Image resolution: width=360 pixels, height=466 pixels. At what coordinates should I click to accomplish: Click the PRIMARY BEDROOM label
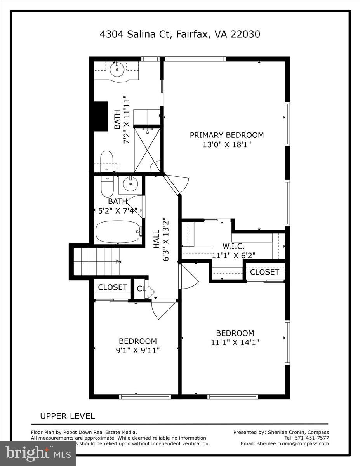point(226,135)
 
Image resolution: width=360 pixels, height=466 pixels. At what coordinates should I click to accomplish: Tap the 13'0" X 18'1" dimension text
point(226,145)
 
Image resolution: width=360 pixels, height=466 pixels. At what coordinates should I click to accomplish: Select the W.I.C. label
point(233,246)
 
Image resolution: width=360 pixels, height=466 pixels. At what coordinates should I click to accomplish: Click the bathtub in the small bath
point(118,232)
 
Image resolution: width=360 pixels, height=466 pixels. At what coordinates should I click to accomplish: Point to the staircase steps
point(96,261)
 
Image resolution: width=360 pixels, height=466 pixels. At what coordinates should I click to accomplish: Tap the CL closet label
point(141,289)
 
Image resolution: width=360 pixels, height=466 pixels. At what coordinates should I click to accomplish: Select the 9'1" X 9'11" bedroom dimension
point(137,350)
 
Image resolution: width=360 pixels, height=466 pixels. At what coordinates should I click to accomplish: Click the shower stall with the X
point(147,150)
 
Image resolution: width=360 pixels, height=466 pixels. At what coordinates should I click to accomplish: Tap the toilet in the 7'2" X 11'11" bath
point(106,160)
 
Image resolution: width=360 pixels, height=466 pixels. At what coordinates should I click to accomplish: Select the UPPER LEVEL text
point(68,416)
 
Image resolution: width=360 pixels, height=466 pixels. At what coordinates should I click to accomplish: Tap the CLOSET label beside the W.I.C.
point(264,272)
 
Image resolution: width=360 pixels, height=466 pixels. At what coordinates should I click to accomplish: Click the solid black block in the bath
point(100,116)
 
